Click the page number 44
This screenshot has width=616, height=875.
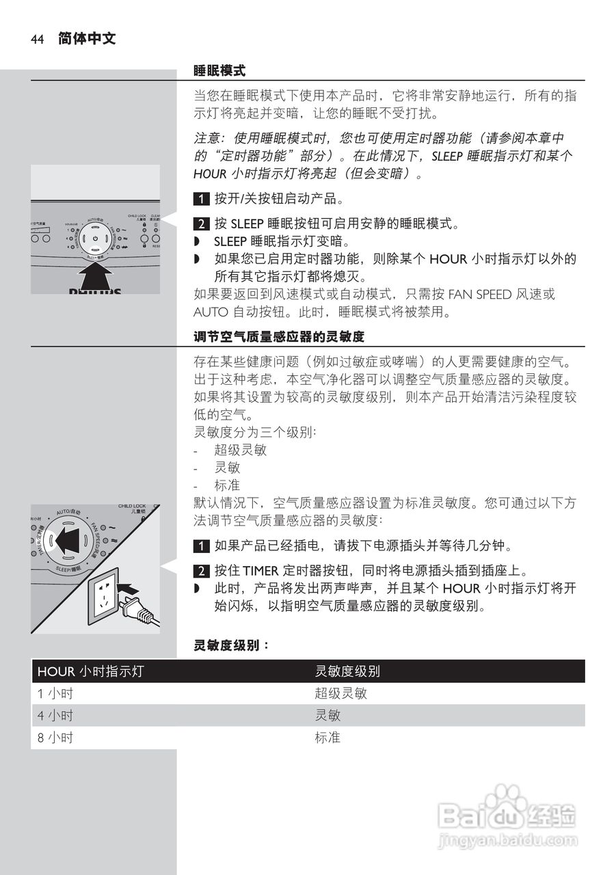pos(37,40)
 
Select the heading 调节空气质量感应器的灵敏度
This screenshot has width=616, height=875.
pos(278,337)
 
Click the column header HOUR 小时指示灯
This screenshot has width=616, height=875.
pos(90,671)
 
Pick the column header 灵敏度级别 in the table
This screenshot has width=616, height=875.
pos(347,671)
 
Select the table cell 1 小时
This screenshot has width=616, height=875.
pos(55,693)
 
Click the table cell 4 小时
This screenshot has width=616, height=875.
pos(55,716)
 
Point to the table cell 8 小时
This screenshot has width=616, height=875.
pos(55,738)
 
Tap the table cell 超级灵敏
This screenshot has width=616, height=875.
pos(340,693)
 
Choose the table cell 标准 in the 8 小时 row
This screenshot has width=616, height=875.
pos(327,738)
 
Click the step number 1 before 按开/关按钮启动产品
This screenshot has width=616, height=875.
pos(201,200)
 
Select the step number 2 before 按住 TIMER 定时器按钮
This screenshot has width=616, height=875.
pos(201,571)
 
